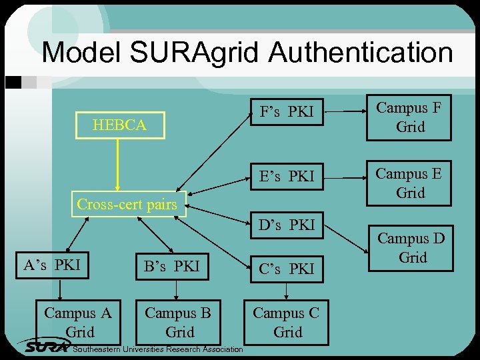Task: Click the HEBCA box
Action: coord(120,125)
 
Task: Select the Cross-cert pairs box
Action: coord(127,205)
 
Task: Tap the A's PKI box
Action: coord(52,265)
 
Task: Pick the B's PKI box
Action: coord(172,267)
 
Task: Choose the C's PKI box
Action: coord(287,269)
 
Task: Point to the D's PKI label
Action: coord(287,225)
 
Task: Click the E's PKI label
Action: coord(287,177)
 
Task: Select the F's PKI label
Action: coord(287,112)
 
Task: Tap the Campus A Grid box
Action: coord(78,322)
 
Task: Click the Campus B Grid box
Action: coord(178,322)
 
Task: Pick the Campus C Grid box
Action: coord(286,322)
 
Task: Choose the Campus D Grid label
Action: coord(411,247)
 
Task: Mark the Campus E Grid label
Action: coord(409,183)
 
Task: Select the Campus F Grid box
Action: coord(409,117)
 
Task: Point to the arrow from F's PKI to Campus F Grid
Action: coord(343,112)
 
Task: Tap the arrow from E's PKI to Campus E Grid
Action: coord(343,177)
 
